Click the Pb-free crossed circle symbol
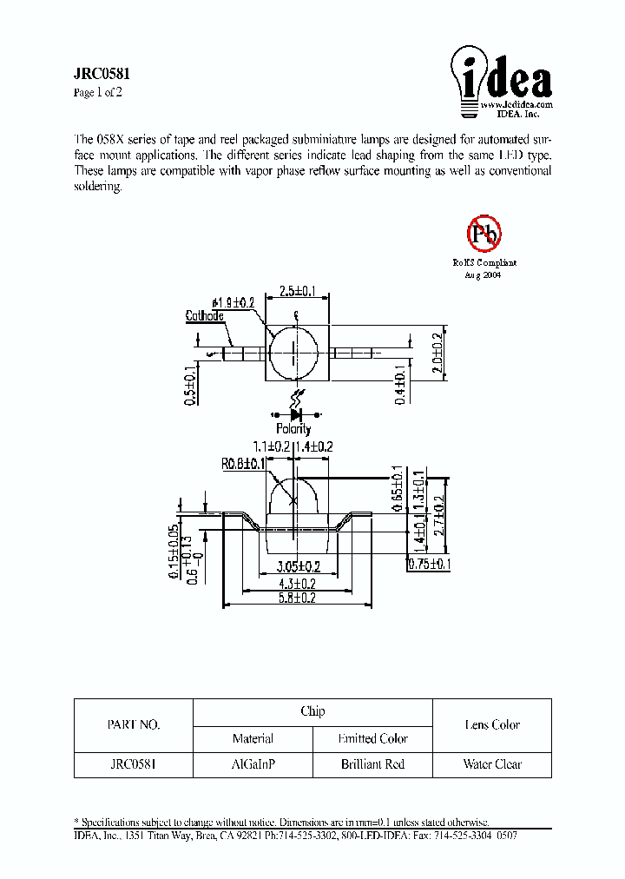tap(484, 233)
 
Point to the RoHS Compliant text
tap(484, 262)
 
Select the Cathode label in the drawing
tap(205, 316)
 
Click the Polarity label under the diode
tap(293, 428)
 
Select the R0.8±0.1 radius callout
tap(243, 464)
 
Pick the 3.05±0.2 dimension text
tap(297, 567)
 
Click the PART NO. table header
tap(133, 725)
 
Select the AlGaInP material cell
tap(253, 764)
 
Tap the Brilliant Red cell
tap(372, 764)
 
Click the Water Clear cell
tap(492, 764)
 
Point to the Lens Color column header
tap(492, 725)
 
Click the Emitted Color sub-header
tap(372, 739)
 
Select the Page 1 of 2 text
tap(98, 93)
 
